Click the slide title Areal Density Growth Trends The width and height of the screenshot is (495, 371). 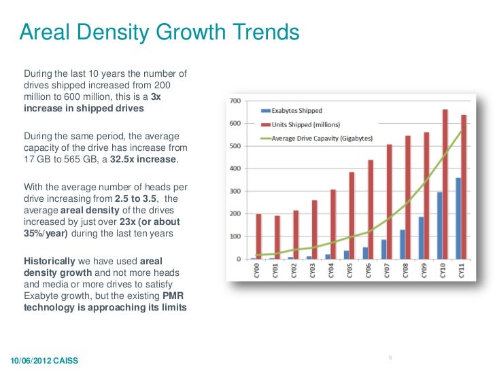[159, 32]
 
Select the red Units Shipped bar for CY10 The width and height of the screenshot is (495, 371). [445, 184]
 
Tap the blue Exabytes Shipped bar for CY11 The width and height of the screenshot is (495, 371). [458, 218]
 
